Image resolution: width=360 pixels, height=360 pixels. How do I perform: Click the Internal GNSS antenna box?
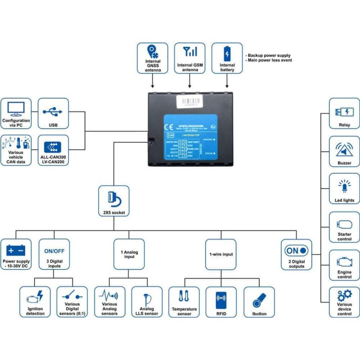pos(153,58)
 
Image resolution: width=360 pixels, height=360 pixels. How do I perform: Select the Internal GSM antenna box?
pos(189,58)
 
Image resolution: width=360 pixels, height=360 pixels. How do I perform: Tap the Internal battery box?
pos(227,58)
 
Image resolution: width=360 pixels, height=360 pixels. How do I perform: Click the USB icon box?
pos(53,113)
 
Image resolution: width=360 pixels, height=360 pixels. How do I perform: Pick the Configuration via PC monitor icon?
pos(16,108)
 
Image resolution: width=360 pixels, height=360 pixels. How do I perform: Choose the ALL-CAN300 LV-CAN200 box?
pos(53,150)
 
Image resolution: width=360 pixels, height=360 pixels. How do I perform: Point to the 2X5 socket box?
pos(113,201)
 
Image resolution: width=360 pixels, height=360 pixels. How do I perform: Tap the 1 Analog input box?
pos(129,254)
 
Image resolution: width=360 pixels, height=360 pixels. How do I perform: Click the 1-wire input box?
pos(220,254)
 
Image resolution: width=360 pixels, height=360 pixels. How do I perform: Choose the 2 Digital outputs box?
pos(297,254)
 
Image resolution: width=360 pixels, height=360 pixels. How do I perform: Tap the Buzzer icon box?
pos(345,151)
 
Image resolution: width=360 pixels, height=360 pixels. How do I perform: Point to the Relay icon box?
pos(345,113)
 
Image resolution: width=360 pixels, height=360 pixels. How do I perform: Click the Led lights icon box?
pos(345,189)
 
